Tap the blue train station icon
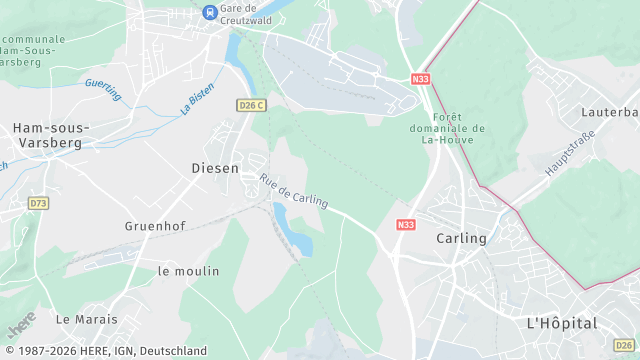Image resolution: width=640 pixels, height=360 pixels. click(x=210, y=12)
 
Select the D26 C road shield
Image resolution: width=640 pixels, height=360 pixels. click(x=252, y=105)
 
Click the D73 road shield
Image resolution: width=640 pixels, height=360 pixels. click(x=38, y=203)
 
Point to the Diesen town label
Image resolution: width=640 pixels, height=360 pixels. click(x=215, y=168)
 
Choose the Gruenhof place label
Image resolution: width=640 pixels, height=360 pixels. click(x=156, y=226)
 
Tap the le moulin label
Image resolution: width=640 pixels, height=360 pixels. click(x=188, y=271)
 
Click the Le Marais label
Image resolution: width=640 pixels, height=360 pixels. click(x=86, y=319)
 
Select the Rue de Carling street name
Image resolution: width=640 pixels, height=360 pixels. click(x=294, y=190)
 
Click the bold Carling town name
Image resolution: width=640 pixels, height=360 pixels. click(x=461, y=238)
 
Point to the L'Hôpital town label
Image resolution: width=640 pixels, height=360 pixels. click(x=561, y=323)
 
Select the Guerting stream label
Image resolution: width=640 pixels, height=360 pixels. click(x=103, y=89)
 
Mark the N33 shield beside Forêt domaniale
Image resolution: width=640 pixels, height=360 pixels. click(x=421, y=77)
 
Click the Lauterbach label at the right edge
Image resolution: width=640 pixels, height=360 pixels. click(x=614, y=111)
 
